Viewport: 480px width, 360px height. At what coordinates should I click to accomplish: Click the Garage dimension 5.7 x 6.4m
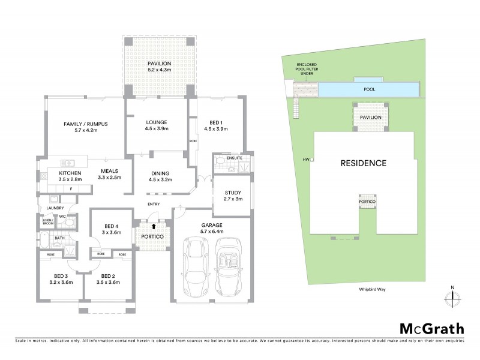click(211, 231)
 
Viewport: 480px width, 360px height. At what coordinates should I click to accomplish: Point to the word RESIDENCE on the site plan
click(363, 163)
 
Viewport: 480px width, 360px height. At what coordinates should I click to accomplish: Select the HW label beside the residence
click(306, 160)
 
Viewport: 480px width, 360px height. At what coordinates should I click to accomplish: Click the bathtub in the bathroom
click(46, 241)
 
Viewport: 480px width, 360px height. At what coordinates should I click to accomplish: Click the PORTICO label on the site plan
click(367, 202)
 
